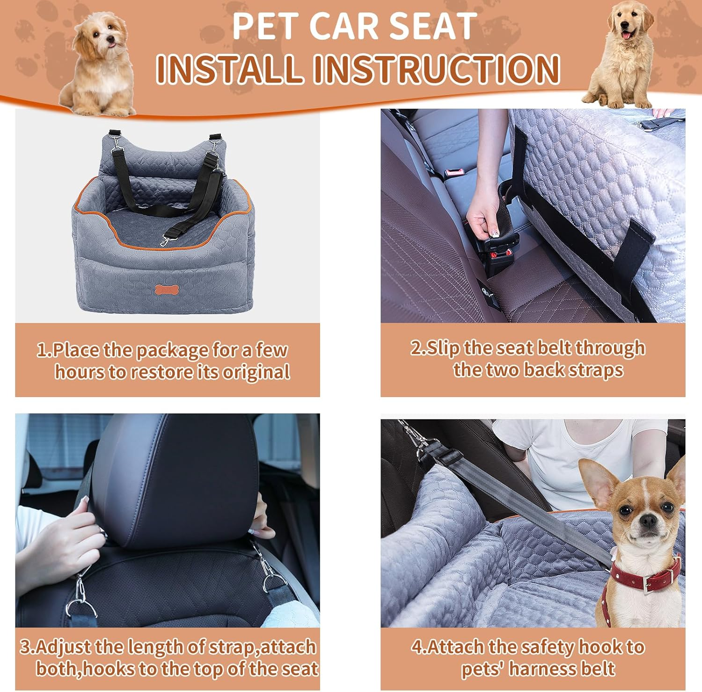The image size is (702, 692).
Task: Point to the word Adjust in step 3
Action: point(63,647)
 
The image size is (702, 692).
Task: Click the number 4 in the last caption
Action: point(417,647)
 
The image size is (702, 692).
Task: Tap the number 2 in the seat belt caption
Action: point(416,348)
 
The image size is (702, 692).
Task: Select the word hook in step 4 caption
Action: point(600,647)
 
